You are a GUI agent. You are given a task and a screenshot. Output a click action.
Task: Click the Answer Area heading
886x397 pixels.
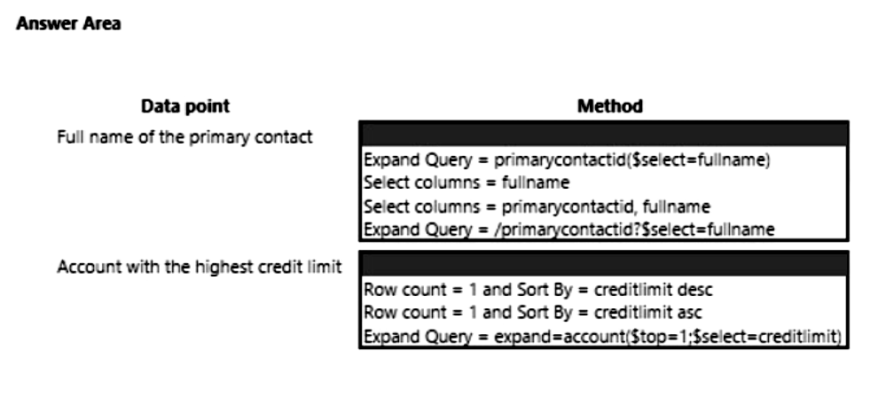(x=68, y=24)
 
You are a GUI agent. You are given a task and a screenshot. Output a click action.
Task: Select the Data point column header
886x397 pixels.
(x=185, y=106)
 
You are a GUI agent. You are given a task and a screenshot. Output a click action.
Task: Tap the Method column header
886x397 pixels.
(x=609, y=106)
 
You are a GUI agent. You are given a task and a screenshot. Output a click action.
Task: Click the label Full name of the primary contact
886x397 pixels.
(x=184, y=137)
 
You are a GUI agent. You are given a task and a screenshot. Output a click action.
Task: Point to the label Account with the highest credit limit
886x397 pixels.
(x=200, y=267)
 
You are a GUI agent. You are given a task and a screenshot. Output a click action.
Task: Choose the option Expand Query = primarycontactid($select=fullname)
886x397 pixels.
(x=567, y=160)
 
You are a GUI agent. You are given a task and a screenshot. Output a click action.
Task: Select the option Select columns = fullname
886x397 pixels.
(x=467, y=183)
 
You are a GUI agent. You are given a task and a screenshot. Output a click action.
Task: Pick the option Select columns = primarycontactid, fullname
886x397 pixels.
(x=537, y=206)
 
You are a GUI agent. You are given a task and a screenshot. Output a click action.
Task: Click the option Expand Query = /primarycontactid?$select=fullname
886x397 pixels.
(x=569, y=230)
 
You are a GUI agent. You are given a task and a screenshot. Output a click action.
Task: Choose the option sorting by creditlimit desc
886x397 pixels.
(x=538, y=290)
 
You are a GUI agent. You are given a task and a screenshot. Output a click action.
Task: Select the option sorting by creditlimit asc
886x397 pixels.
(x=533, y=312)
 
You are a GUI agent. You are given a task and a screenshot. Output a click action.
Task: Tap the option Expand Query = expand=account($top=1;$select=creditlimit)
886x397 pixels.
(x=602, y=337)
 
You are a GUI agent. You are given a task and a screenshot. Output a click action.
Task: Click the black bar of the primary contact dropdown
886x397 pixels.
(x=603, y=135)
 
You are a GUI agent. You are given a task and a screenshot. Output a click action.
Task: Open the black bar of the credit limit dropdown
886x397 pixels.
(x=603, y=264)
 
